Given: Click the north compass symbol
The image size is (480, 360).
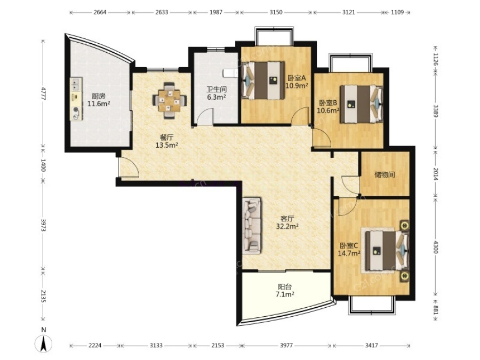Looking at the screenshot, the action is [44, 343].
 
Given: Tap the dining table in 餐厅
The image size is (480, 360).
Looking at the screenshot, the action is [170, 100].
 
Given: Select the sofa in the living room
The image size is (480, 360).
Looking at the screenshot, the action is [252, 225].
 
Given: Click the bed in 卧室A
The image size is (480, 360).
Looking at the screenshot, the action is [263, 81].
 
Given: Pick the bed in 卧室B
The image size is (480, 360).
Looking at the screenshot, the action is [362, 104].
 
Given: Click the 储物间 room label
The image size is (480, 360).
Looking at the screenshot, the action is [385, 174].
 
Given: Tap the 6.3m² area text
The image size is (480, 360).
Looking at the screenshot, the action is [216, 97].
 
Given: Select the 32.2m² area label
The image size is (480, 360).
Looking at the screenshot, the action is [287, 226].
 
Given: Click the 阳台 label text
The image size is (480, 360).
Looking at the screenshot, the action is [285, 287].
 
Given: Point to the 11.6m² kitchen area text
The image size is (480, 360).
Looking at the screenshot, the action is [99, 104].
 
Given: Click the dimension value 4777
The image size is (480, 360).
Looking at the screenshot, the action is [43, 94].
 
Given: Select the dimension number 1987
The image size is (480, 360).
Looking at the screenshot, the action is [216, 13].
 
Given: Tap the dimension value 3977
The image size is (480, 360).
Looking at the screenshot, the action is [286, 346].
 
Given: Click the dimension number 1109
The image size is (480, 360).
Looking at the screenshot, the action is [397, 13].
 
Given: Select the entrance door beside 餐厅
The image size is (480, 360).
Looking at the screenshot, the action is [129, 168].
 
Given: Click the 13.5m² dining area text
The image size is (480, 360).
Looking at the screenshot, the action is [166, 145].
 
